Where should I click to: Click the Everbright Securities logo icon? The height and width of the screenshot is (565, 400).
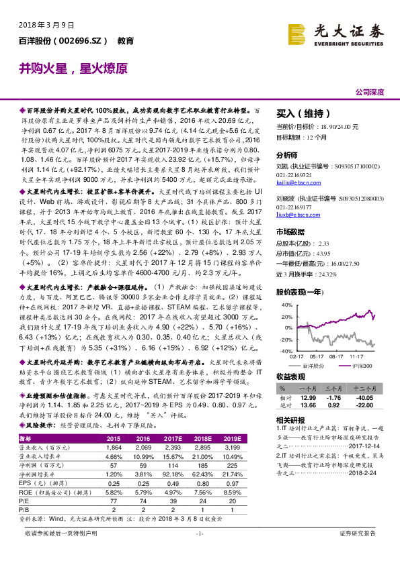tap(297, 33)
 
